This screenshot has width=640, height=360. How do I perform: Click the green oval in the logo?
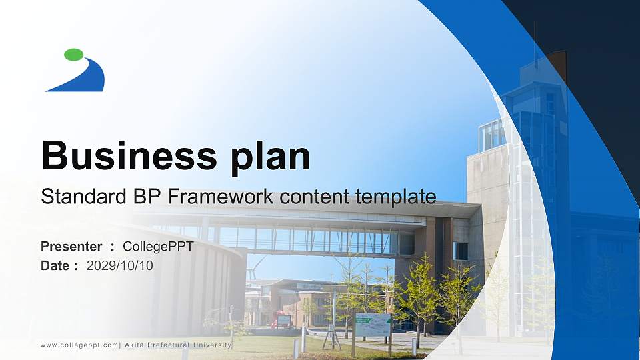74,55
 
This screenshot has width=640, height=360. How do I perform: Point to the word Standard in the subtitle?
79,197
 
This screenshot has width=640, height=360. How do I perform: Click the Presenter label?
71,247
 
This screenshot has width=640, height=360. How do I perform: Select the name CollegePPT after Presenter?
158,247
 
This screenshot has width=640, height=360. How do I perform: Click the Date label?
55,265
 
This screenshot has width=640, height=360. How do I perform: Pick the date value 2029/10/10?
120,265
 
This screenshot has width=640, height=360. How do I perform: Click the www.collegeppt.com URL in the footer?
79,345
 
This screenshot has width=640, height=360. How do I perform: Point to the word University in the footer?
213,345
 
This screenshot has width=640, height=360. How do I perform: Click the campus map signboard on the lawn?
373,324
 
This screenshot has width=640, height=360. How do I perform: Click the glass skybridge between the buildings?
313,239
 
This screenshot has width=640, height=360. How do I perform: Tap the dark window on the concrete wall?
460,251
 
